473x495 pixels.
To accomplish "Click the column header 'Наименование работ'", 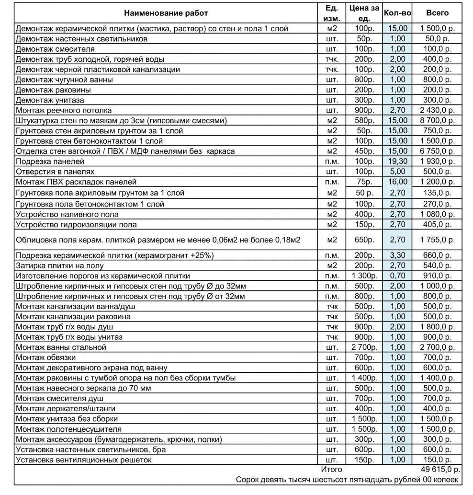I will tap(166, 13).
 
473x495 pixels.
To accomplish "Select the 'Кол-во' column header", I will tap(395, 13).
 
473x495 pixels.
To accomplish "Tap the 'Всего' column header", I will tap(437, 13).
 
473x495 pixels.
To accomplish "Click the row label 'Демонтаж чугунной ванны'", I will tap(64, 80).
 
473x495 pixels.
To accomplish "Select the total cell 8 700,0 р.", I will tap(437, 120).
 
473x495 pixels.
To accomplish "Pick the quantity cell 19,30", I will tap(397, 161).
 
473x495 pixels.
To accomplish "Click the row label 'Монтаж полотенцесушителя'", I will tap(68, 429).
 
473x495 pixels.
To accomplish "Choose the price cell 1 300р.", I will tap(364, 276).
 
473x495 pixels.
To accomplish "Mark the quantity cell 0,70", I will tap(397, 276).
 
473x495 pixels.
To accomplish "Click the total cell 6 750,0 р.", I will tap(437, 151).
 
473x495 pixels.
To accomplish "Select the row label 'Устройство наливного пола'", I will tap(67, 214).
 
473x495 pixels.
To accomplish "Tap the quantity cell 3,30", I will tap(397, 255).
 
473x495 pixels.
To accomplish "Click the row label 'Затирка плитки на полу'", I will tap(59, 265).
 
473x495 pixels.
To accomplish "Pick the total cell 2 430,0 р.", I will tap(437, 110).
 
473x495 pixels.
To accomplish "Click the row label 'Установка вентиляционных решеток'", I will tap(83, 460).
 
